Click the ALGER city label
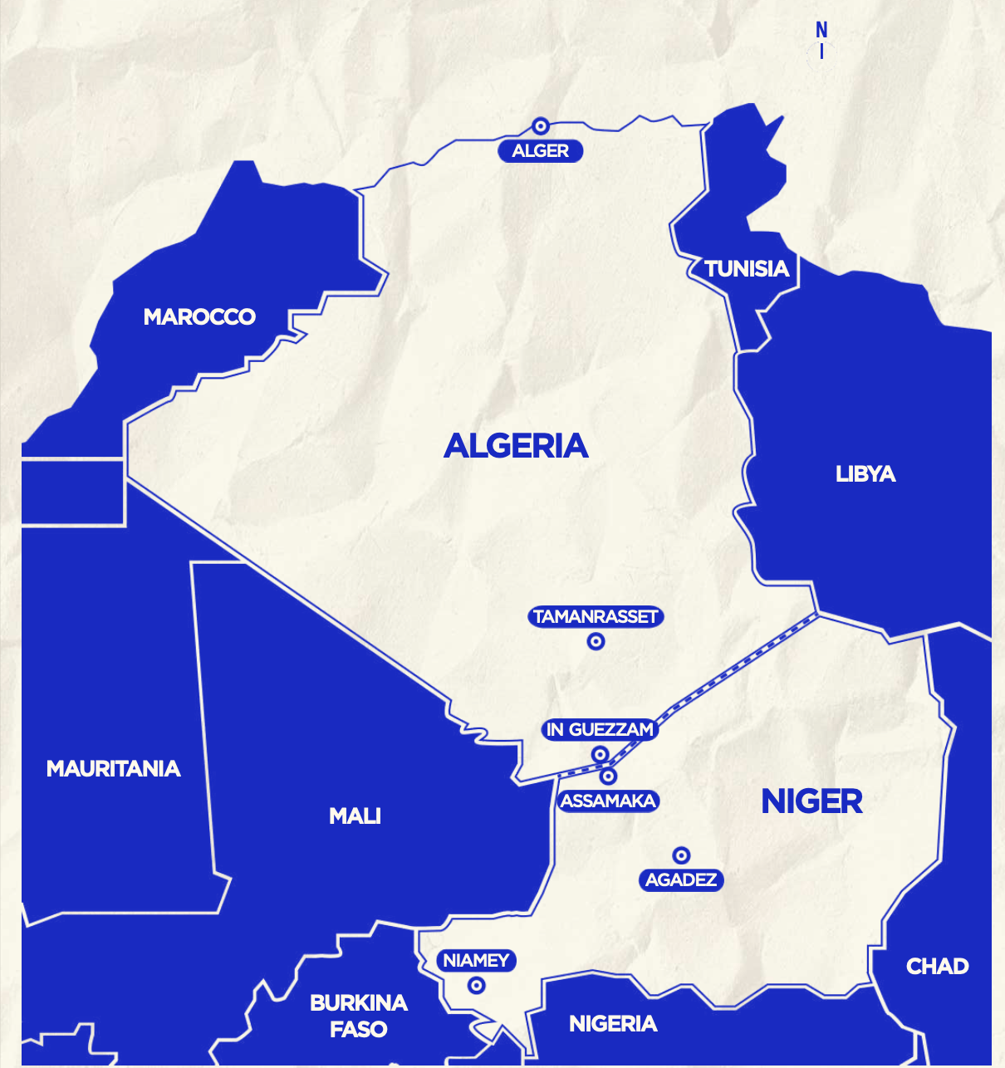pyautogui.click(x=541, y=151)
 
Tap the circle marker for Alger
pyautogui.click(x=541, y=126)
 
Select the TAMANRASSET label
pyautogui.click(x=596, y=617)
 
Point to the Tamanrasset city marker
pyautogui.click(x=596, y=641)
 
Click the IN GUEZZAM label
pyautogui.click(x=600, y=730)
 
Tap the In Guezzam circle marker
pyautogui.click(x=600, y=754)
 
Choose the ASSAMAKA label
pyautogui.click(x=609, y=801)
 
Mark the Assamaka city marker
pyautogui.click(x=609, y=777)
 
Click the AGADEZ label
pyautogui.click(x=681, y=880)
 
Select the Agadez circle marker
pyautogui.click(x=681, y=855)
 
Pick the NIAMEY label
pyautogui.click(x=476, y=961)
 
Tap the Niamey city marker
pyautogui.click(x=476, y=986)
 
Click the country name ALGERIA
pyautogui.click(x=516, y=446)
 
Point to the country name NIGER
pyautogui.click(x=811, y=802)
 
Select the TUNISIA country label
pyautogui.click(x=747, y=269)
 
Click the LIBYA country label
pyautogui.click(x=865, y=474)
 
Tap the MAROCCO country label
pyautogui.click(x=199, y=317)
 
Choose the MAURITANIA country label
pyautogui.click(x=114, y=769)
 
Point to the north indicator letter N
pyautogui.click(x=821, y=31)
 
